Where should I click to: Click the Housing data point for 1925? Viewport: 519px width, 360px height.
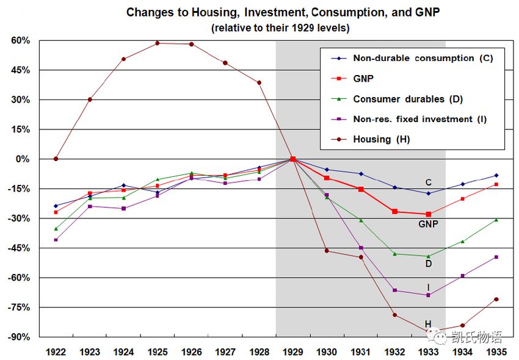(157, 43)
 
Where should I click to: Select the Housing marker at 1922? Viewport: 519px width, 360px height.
(56, 159)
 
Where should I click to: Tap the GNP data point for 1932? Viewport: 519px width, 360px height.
(394, 212)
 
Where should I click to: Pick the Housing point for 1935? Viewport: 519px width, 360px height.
(496, 300)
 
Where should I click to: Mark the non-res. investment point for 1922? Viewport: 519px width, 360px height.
(56, 240)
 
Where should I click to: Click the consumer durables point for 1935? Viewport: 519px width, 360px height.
(496, 220)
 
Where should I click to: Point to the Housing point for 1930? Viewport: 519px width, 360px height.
(327, 251)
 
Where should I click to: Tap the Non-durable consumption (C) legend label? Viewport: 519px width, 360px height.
(423, 58)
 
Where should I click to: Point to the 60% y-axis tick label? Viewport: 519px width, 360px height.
(21, 41)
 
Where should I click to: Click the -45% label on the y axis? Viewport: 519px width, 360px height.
(19, 248)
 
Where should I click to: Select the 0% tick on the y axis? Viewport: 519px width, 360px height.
(23, 159)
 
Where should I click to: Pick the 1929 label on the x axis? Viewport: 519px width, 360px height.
(293, 351)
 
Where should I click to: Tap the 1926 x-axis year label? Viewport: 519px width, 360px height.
(192, 351)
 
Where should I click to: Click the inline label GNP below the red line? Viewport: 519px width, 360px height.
(428, 225)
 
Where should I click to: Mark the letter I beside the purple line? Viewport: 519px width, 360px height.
(428, 287)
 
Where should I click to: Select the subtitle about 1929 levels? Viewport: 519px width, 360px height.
(280, 28)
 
